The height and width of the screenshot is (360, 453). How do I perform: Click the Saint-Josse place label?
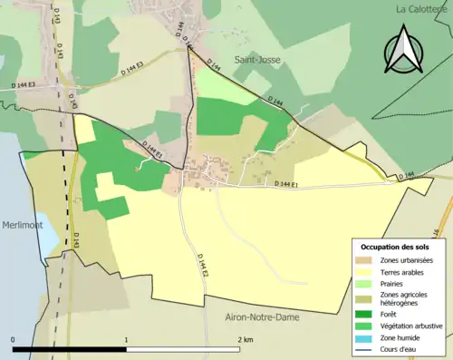(x=255, y=60)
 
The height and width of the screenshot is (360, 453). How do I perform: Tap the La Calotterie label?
(x=424, y=8)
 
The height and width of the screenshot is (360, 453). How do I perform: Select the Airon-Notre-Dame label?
(x=262, y=317)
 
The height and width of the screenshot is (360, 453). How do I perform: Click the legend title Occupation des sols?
(x=398, y=247)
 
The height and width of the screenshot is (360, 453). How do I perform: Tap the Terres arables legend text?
(x=404, y=271)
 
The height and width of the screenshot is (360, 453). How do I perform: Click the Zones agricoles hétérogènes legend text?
(x=405, y=299)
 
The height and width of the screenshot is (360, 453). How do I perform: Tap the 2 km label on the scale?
(x=245, y=339)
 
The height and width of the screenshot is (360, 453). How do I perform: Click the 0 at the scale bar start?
(x=13, y=339)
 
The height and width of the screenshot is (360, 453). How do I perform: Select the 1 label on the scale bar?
(x=126, y=339)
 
